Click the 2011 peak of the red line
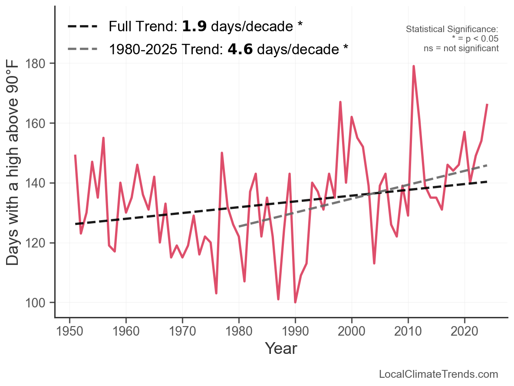pyautogui.click(x=414, y=66)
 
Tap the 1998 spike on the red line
pyautogui.click(x=340, y=102)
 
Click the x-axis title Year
pyautogui.click(x=281, y=348)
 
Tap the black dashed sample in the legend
pyautogui.click(x=83, y=26)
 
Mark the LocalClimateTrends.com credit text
pyautogui.click(x=438, y=374)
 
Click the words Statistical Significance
pyautogui.click(x=452, y=29)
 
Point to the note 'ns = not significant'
pyautogui.click(x=461, y=48)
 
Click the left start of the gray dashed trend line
pyautogui.click(x=239, y=226)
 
